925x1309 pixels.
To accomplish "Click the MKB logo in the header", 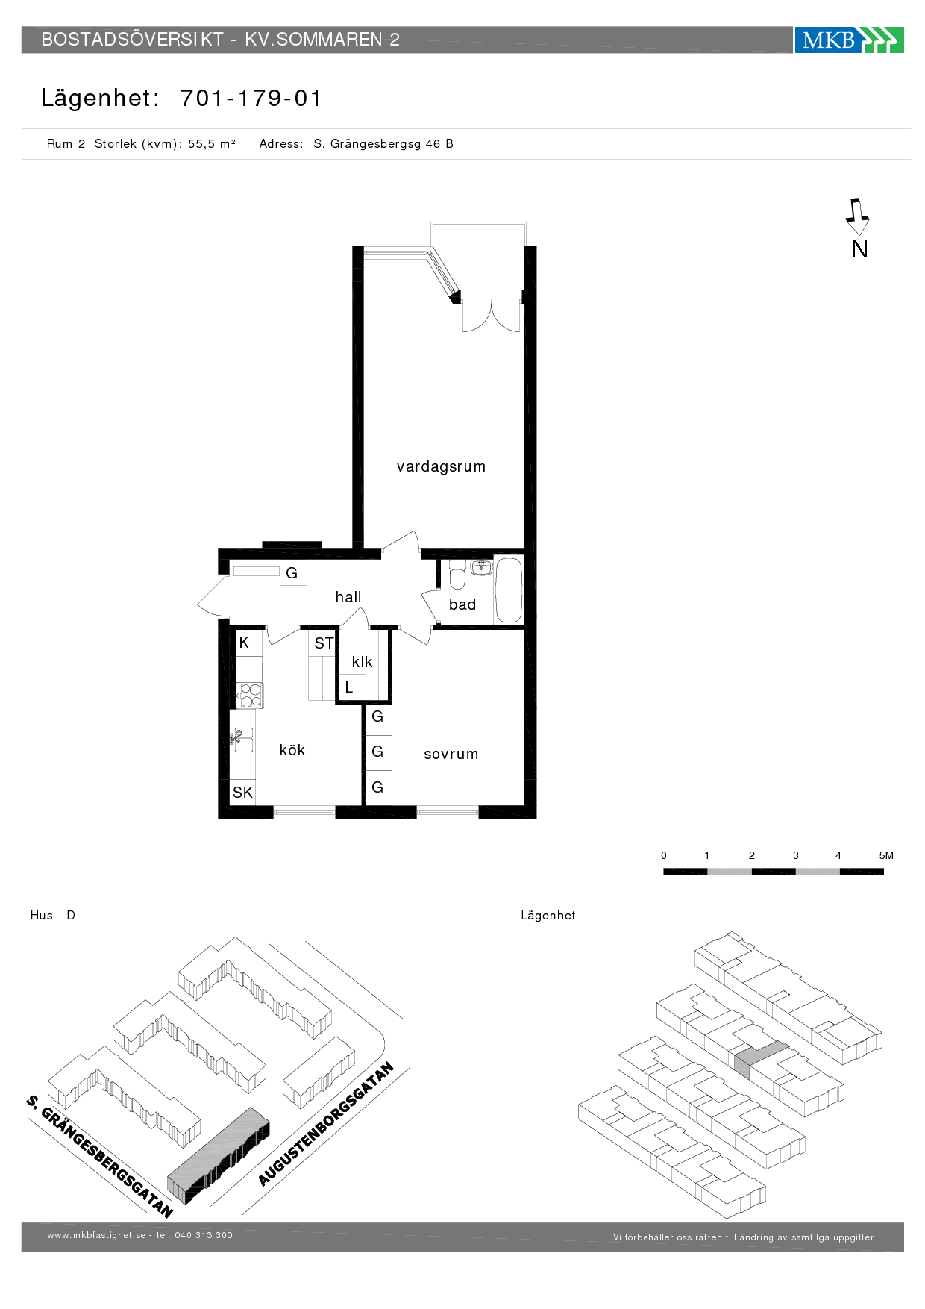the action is tap(849, 40).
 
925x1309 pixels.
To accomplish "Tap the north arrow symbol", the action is tap(857, 216).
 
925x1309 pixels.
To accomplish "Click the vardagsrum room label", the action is tap(441, 467).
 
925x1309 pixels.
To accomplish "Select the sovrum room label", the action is tap(451, 754).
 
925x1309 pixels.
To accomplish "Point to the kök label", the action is tap(292, 750).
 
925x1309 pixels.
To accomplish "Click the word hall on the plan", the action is tap(348, 597).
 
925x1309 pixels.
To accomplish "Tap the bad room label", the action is tap(462, 604).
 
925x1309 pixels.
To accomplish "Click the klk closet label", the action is tap(362, 662).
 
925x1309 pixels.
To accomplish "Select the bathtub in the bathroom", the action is tap(509, 590).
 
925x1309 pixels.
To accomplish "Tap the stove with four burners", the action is tap(251, 696).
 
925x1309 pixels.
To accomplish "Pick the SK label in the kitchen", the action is tap(242, 793).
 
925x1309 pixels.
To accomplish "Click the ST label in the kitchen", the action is tap(324, 643).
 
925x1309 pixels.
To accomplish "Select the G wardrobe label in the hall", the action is tap(292, 573).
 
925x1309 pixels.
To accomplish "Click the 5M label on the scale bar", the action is tap(886, 855).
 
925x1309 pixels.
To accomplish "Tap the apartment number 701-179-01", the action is tap(251, 99).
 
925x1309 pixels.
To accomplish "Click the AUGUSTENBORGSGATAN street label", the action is tap(326, 1124).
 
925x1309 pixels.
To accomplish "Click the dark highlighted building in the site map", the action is tap(219, 1155).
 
